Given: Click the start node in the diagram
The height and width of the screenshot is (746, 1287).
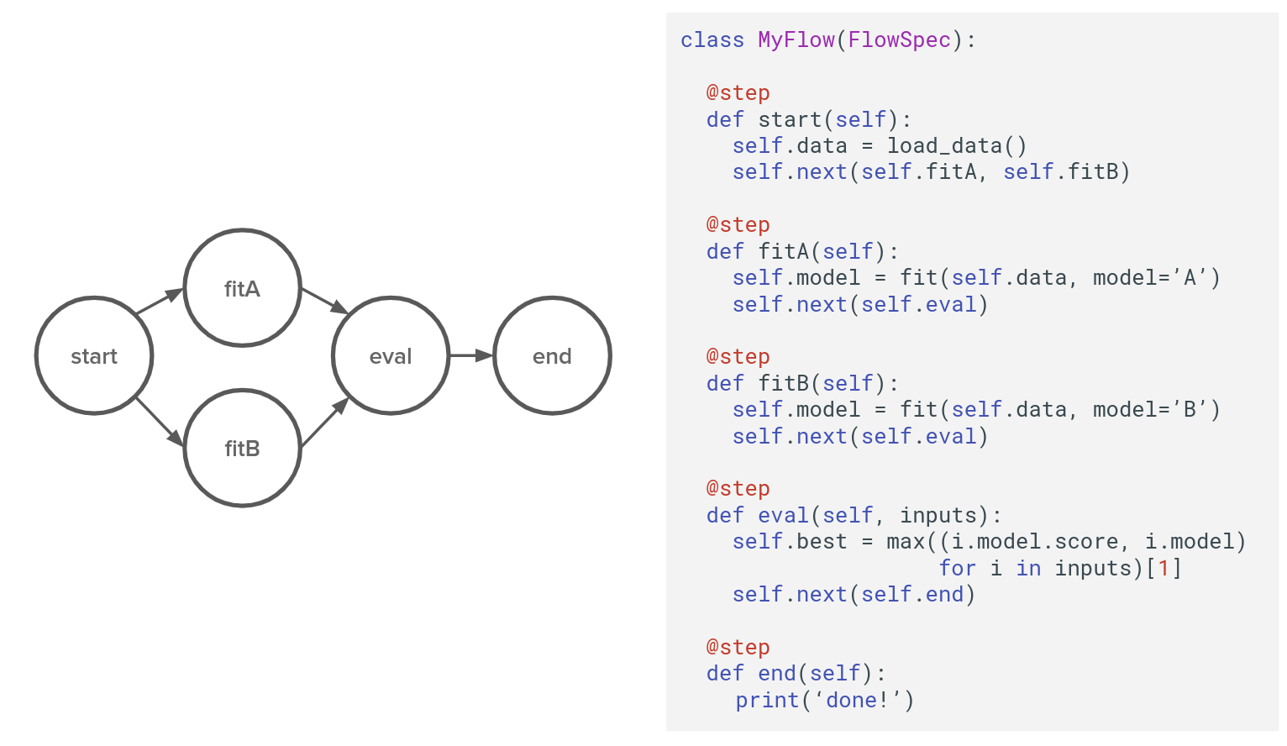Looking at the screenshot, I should [94, 355].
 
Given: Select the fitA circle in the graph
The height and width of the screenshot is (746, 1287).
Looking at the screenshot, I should [242, 288].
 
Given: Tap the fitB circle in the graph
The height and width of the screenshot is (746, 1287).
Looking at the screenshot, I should [242, 448].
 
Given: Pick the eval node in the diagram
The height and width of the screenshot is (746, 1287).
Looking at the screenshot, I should [391, 355].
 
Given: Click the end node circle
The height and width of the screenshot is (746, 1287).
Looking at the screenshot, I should [552, 355].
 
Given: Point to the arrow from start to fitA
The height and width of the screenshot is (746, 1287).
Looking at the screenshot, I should [160, 302].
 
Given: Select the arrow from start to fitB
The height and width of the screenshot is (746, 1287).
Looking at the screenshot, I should [160, 422].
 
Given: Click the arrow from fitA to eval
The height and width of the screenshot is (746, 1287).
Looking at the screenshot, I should [324, 301].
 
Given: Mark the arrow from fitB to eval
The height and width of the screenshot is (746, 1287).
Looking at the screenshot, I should [324, 423].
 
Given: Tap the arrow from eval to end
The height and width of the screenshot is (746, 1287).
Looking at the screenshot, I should [471, 355].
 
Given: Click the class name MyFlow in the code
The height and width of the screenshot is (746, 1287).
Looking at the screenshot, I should [796, 39].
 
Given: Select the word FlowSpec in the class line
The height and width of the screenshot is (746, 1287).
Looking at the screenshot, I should [899, 39].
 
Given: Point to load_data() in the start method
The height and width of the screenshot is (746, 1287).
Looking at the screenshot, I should [957, 145].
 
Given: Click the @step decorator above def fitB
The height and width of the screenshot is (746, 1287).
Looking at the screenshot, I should [738, 356].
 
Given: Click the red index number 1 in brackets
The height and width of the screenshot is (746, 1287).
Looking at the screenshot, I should [1164, 568].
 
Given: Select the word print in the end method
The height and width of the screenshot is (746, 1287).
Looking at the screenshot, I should [767, 700].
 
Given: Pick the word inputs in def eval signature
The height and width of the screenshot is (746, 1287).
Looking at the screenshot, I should [938, 515].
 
